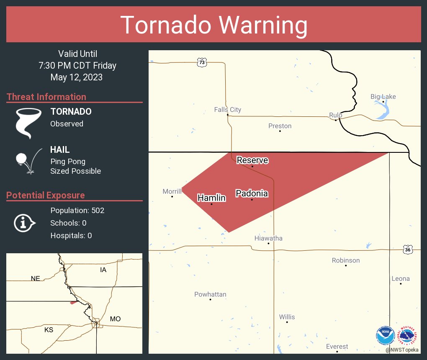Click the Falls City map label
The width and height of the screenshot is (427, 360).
227,110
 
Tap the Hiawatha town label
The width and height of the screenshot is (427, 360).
268,238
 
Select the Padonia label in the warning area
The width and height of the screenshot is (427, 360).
252,193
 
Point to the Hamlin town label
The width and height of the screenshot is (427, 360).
211,198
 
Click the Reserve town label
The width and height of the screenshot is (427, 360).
252,160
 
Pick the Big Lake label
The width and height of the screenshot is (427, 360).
383,97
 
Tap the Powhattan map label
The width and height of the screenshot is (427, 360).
210,294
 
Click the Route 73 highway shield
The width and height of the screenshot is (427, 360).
202,62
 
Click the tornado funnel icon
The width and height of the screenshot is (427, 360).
28,123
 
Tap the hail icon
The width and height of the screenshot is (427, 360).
28,161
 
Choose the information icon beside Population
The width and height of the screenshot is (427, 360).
24,223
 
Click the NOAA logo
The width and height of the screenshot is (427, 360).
385,335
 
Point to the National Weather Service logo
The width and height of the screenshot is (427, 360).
408,335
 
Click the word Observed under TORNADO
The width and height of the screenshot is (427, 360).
67,124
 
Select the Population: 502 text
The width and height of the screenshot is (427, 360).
77,210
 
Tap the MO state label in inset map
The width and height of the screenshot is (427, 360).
115,319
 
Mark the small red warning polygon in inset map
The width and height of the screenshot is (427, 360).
73,302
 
